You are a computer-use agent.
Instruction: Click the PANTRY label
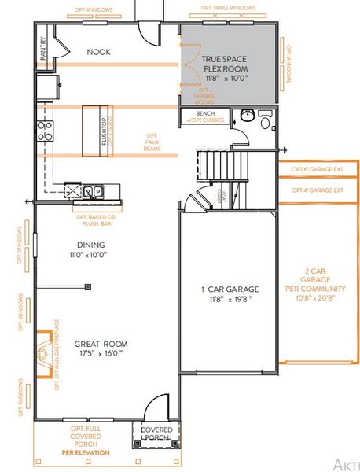tap(44, 49)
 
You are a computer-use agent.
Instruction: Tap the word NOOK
tap(98, 52)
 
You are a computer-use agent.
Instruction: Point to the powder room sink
tap(246, 118)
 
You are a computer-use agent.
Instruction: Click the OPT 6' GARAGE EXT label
tap(317, 169)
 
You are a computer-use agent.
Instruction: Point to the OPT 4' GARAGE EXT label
tap(317, 190)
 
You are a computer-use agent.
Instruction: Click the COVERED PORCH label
tap(155, 433)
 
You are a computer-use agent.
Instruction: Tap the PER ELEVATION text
tap(87, 453)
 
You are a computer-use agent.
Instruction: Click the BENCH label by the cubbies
tap(194, 113)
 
